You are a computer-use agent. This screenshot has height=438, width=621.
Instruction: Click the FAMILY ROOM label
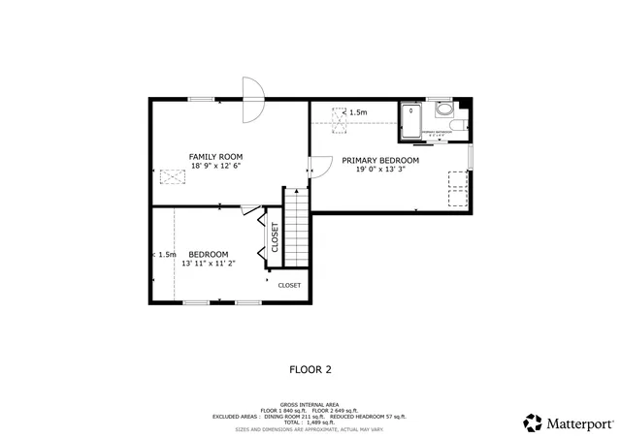point(215,156)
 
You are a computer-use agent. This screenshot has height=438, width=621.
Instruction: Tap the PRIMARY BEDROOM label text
point(379,160)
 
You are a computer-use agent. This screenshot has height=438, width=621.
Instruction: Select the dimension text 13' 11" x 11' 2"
point(209,263)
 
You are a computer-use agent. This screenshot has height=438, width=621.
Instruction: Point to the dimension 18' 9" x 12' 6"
point(215,166)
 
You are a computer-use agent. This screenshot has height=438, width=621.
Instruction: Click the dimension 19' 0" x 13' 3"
point(379,170)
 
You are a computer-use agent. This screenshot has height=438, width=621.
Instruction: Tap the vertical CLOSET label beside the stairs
point(275,237)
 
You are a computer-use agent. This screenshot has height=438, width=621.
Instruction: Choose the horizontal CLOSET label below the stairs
point(289,286)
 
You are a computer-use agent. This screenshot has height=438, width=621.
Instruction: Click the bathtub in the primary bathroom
point(412,122)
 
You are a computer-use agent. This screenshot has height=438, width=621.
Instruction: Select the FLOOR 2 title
point(310,368)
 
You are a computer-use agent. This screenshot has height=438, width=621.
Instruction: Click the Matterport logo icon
point(533,422)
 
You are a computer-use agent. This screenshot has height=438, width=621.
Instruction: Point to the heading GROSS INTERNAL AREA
point(310,404)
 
